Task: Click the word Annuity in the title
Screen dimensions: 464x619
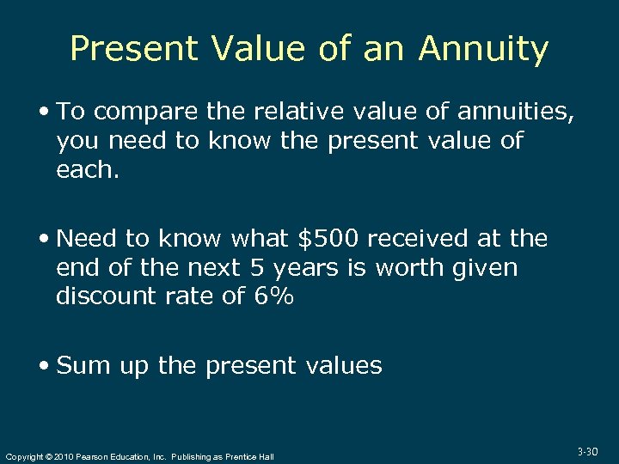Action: point(483,49)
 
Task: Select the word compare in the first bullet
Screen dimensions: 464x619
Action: point(148,112)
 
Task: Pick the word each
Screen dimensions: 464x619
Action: point(88,170)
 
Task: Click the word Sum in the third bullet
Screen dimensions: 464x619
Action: point(83,365)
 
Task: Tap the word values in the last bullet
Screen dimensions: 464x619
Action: point(344,365)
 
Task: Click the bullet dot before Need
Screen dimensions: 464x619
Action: point(46,239)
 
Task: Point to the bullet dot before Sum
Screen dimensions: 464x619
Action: point(46,366)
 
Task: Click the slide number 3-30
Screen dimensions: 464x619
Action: point(588,451)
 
